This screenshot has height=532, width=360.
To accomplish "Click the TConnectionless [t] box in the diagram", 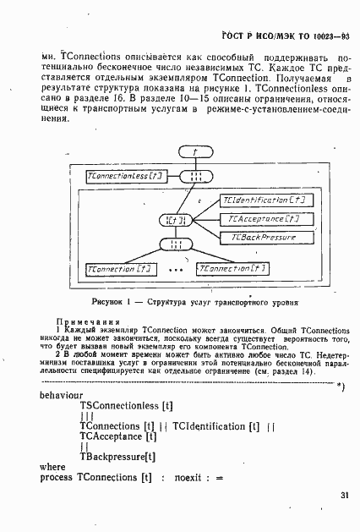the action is coord(126,176).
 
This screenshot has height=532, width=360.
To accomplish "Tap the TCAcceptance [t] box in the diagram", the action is coord(265,220).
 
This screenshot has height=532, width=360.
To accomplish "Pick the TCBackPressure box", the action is coord(265,239).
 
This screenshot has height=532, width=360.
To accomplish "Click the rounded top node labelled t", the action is coord(195,152).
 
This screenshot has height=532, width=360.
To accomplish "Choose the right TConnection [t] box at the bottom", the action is coord(232,269).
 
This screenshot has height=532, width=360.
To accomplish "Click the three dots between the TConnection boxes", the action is coord(177,271).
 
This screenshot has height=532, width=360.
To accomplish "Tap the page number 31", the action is coord(344,496).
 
